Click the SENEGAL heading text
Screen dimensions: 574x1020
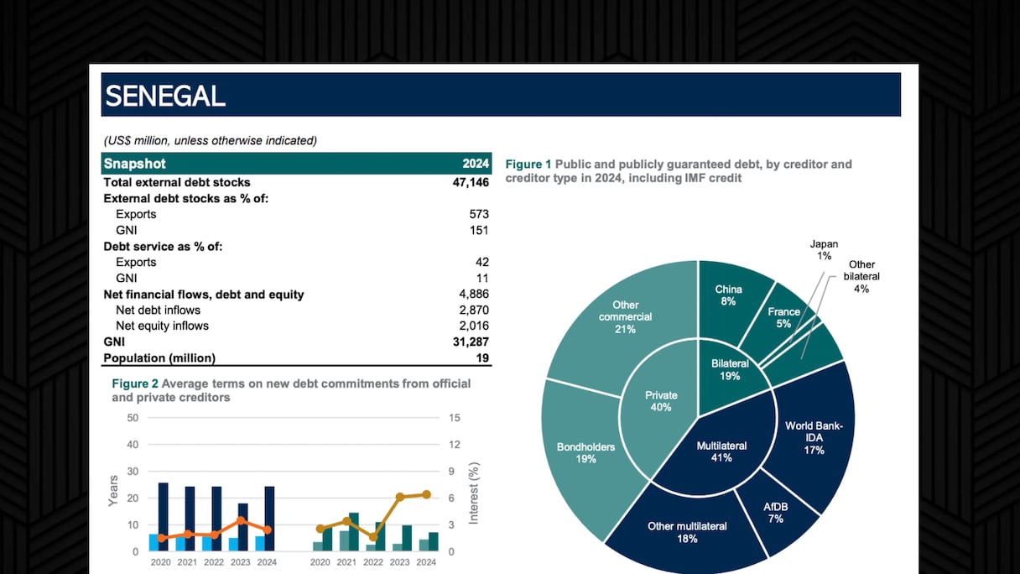(x=165, y=97)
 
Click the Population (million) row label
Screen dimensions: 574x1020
(x=159, y=358)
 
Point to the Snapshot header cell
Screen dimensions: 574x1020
(x=135, y=164)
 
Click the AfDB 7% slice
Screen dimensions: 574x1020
(x=775, y=513)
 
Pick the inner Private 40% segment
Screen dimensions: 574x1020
(x=661, y=401)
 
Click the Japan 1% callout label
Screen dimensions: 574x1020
(x=823, y=250)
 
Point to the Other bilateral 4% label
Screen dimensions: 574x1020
(x=861, y=276)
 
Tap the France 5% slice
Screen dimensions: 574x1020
(x=783, y=317)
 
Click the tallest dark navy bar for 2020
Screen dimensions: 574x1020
(x=163, y=516)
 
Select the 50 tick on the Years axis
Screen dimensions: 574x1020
(x=133, y=418)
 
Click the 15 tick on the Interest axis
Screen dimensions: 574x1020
(x=455, y=418)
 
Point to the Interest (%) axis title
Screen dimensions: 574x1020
(x=474, y=493)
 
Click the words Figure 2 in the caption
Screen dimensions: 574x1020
(x=135, y=384)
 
